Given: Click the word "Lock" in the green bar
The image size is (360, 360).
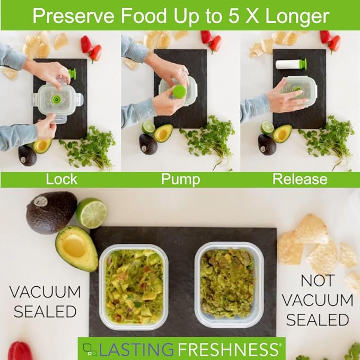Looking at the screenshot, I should click(62, 179).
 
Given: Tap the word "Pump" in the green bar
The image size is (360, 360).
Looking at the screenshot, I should click(180, 179).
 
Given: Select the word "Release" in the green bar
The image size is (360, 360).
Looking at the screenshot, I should click(300, 179).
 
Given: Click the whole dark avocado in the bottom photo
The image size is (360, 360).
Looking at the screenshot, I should click(51, 212).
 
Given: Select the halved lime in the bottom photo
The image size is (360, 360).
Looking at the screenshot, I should click(91, 213).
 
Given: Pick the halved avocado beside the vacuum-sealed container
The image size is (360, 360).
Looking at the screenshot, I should click(76, 248).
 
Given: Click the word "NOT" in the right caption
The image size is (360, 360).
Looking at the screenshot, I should click(317, 281).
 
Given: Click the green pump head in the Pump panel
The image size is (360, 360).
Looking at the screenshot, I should click(179, 92).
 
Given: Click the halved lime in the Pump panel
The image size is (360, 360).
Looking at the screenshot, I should click(148, 127).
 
